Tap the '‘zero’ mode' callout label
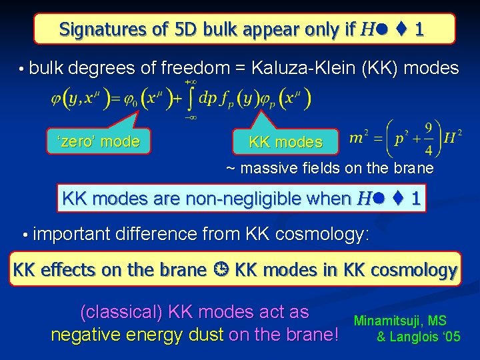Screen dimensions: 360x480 coord(99,141)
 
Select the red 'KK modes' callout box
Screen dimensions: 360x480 coord(285,142)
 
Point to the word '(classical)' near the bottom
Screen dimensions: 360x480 coord(121,312)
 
